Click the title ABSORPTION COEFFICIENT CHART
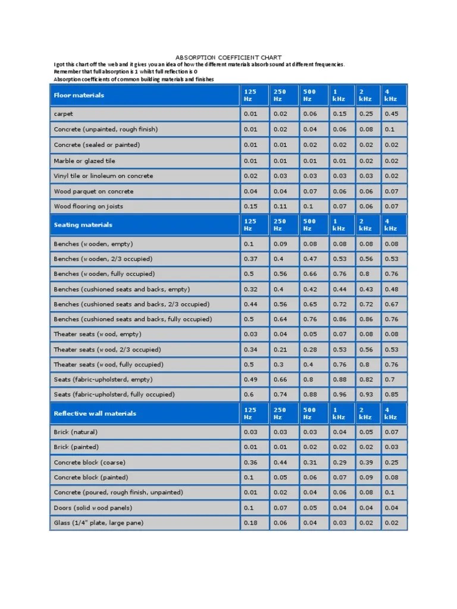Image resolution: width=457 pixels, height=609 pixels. coord(228,58)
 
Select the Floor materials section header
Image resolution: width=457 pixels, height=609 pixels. coord(79,95)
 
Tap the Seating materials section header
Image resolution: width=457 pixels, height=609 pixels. coord(83,225)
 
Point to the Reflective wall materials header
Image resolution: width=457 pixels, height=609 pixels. coord(95,413)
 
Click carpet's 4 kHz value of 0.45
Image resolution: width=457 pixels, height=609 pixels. coord(391,114)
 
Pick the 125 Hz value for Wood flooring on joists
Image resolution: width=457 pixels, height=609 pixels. coord(251,206)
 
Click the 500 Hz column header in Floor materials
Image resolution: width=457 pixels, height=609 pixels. coord(309,95)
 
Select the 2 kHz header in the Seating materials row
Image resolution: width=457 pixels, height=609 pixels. coord(365,225)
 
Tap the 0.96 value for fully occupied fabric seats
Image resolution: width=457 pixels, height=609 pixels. coord(339,394)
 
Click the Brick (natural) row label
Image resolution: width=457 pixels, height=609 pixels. coord(76,432)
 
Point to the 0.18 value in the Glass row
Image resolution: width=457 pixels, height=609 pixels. coord(251,523)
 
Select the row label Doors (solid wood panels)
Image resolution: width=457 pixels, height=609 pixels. coord(93,508)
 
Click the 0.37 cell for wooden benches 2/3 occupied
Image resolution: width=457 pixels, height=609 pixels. coord(251,259)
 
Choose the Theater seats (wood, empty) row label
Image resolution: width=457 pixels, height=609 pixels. coord(98,334)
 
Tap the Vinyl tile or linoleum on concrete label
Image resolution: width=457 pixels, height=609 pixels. coord(104,176)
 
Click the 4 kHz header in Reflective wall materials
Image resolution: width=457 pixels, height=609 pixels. coord(391,413)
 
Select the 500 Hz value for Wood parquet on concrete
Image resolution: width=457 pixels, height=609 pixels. coord(309,192)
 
